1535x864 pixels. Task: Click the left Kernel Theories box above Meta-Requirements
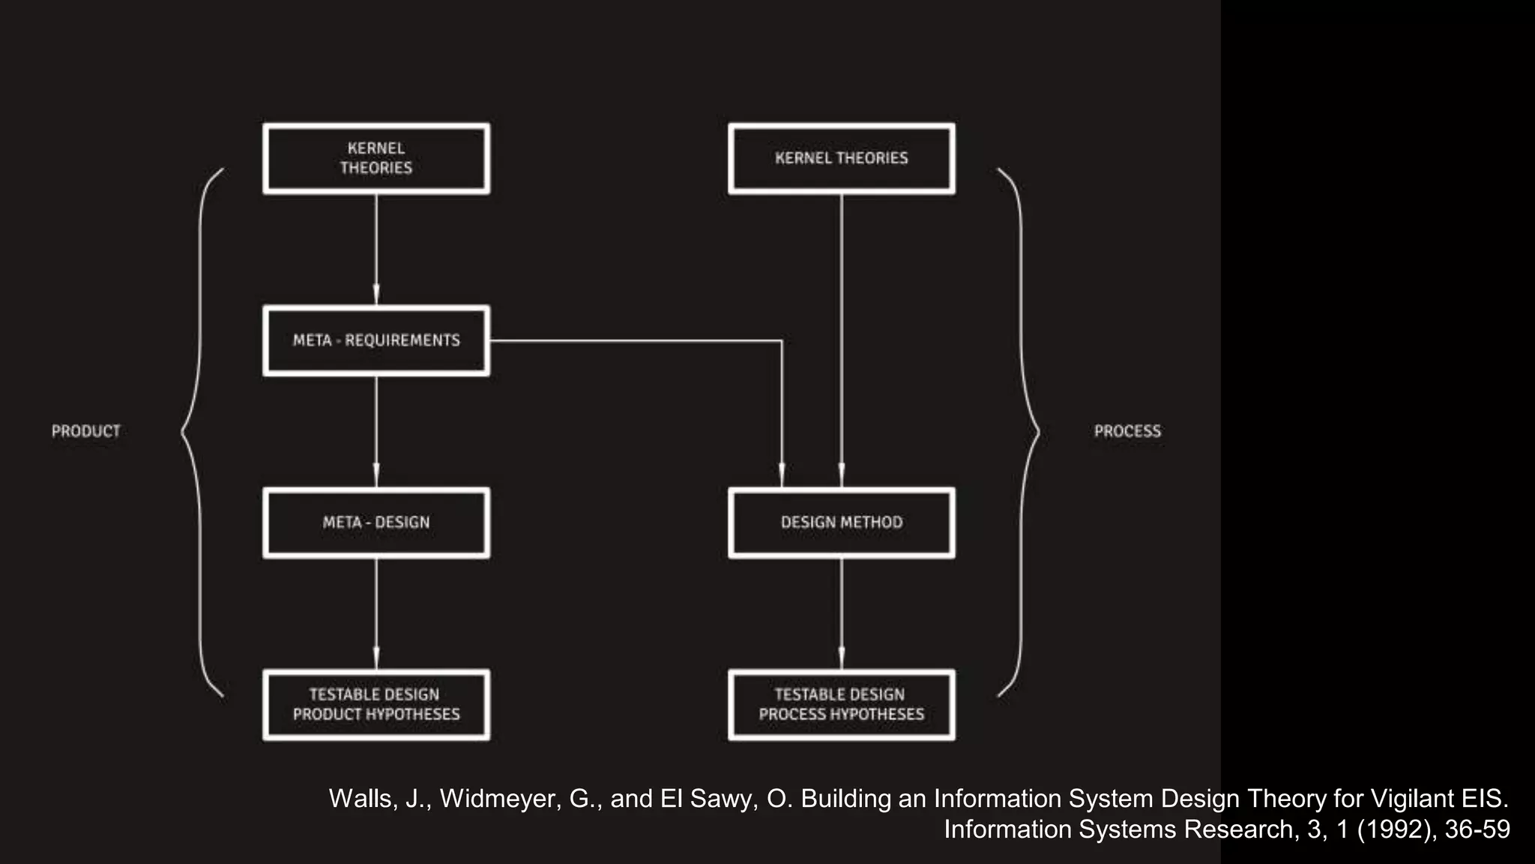(x=376, y=158)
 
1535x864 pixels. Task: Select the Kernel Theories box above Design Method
(x=841, y=158)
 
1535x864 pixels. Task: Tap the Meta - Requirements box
(x=376, y=340)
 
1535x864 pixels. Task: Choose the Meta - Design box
(x=376, y=523)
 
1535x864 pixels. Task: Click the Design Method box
(x=841, y=523)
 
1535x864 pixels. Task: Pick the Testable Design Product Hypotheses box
(x=376, y=704)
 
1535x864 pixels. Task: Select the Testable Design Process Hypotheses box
(x=841, y=704)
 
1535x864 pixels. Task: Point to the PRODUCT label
(x=85, y=431)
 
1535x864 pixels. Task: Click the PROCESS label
(x=1127, y=431)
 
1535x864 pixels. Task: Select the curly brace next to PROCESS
(x=1022, y=431)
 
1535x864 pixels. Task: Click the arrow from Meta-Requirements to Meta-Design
(x=376, y=431)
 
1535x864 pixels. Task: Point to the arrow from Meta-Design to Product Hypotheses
(x=376, y=613)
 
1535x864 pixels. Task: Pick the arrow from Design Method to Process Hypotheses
(x=841, y=613)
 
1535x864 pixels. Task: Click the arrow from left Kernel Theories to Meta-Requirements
(x=376, y=249)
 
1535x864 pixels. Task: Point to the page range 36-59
(x=1477, y=829)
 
